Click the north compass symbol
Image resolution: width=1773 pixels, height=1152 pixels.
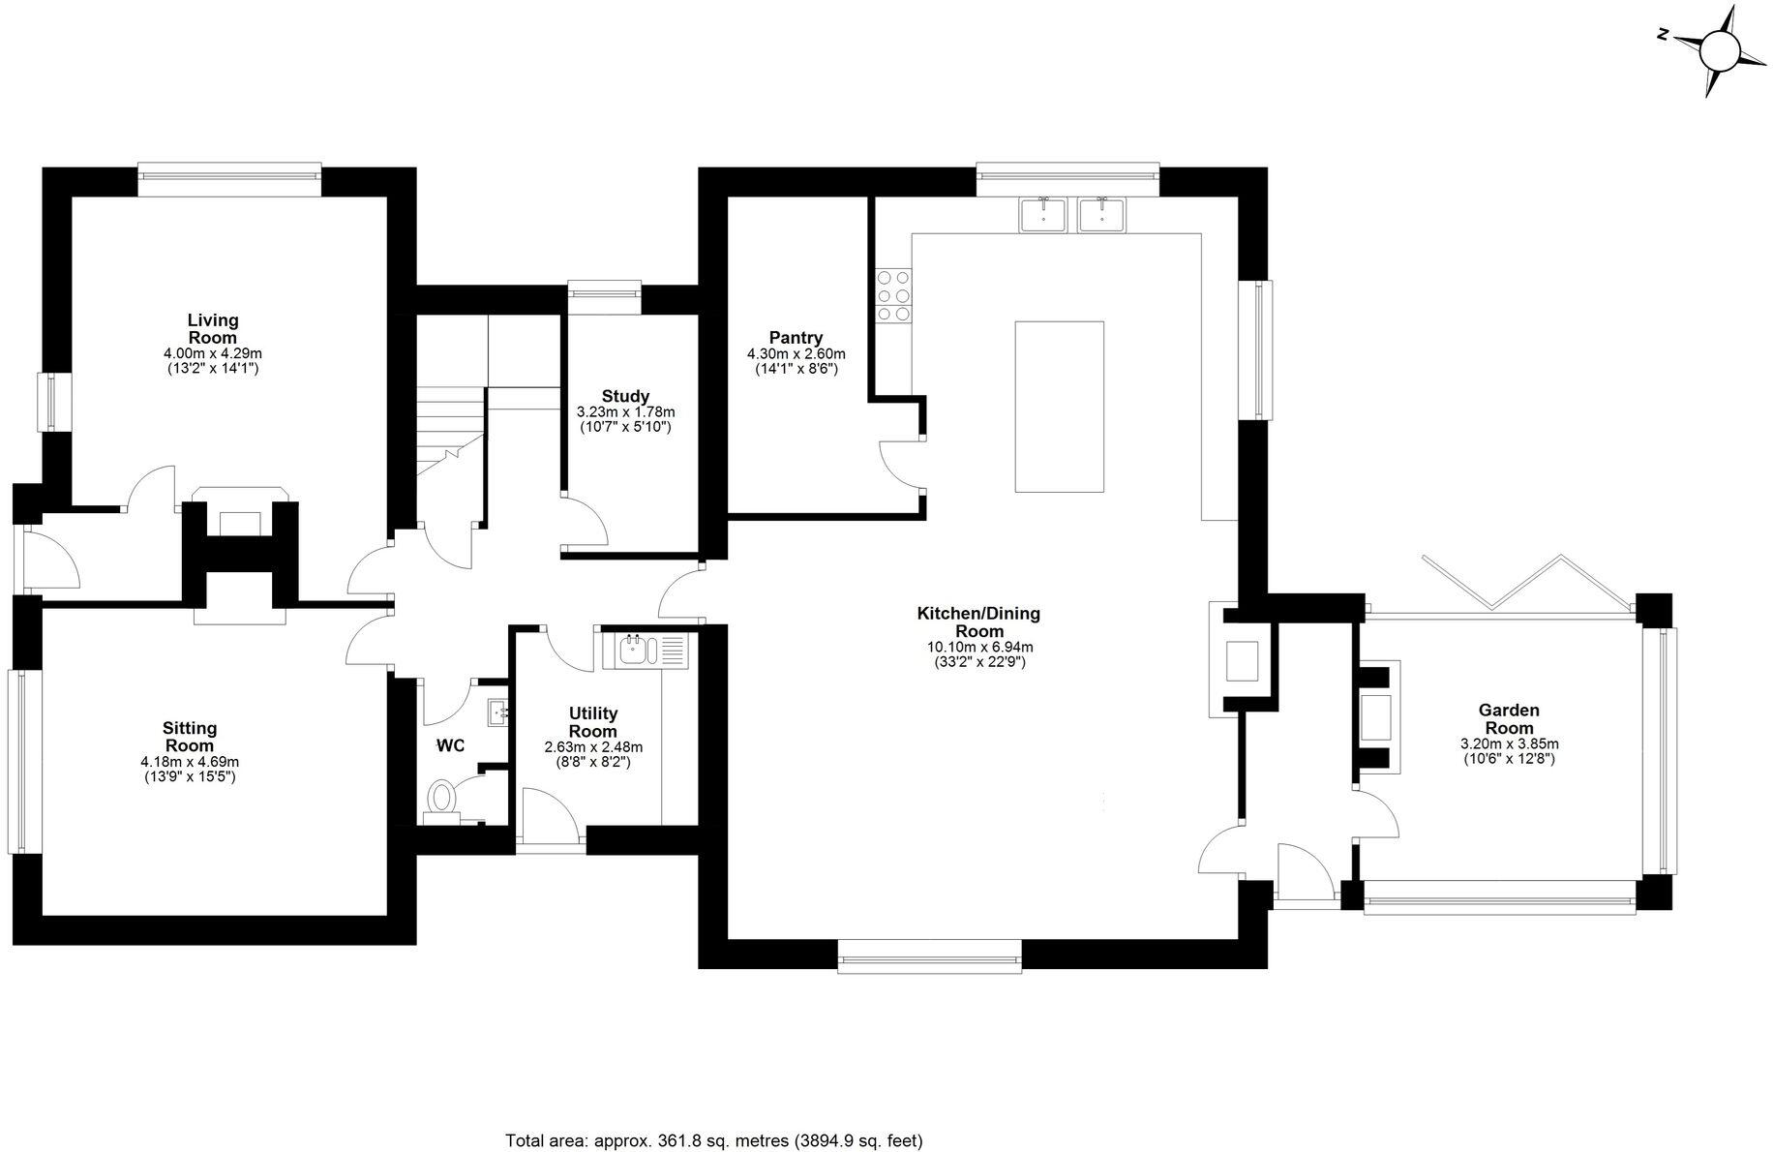(1720, 50)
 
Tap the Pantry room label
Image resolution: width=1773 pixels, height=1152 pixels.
(796, 338)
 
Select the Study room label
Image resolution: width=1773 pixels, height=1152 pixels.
(625, 396)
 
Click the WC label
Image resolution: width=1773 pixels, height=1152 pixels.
(451, 745)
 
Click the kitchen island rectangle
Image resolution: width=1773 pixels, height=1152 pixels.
(1059, 407)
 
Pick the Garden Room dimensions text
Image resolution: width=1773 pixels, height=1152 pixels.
(1509, 751)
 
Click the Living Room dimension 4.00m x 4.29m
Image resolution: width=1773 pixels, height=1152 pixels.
(213, 354)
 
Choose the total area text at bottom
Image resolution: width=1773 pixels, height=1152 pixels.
(714, 1140)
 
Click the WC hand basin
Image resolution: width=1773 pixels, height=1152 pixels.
(498, 713)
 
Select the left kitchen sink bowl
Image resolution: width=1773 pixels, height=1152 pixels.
(1043, 215)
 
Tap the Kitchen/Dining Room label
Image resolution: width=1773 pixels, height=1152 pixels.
(977, 621)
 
